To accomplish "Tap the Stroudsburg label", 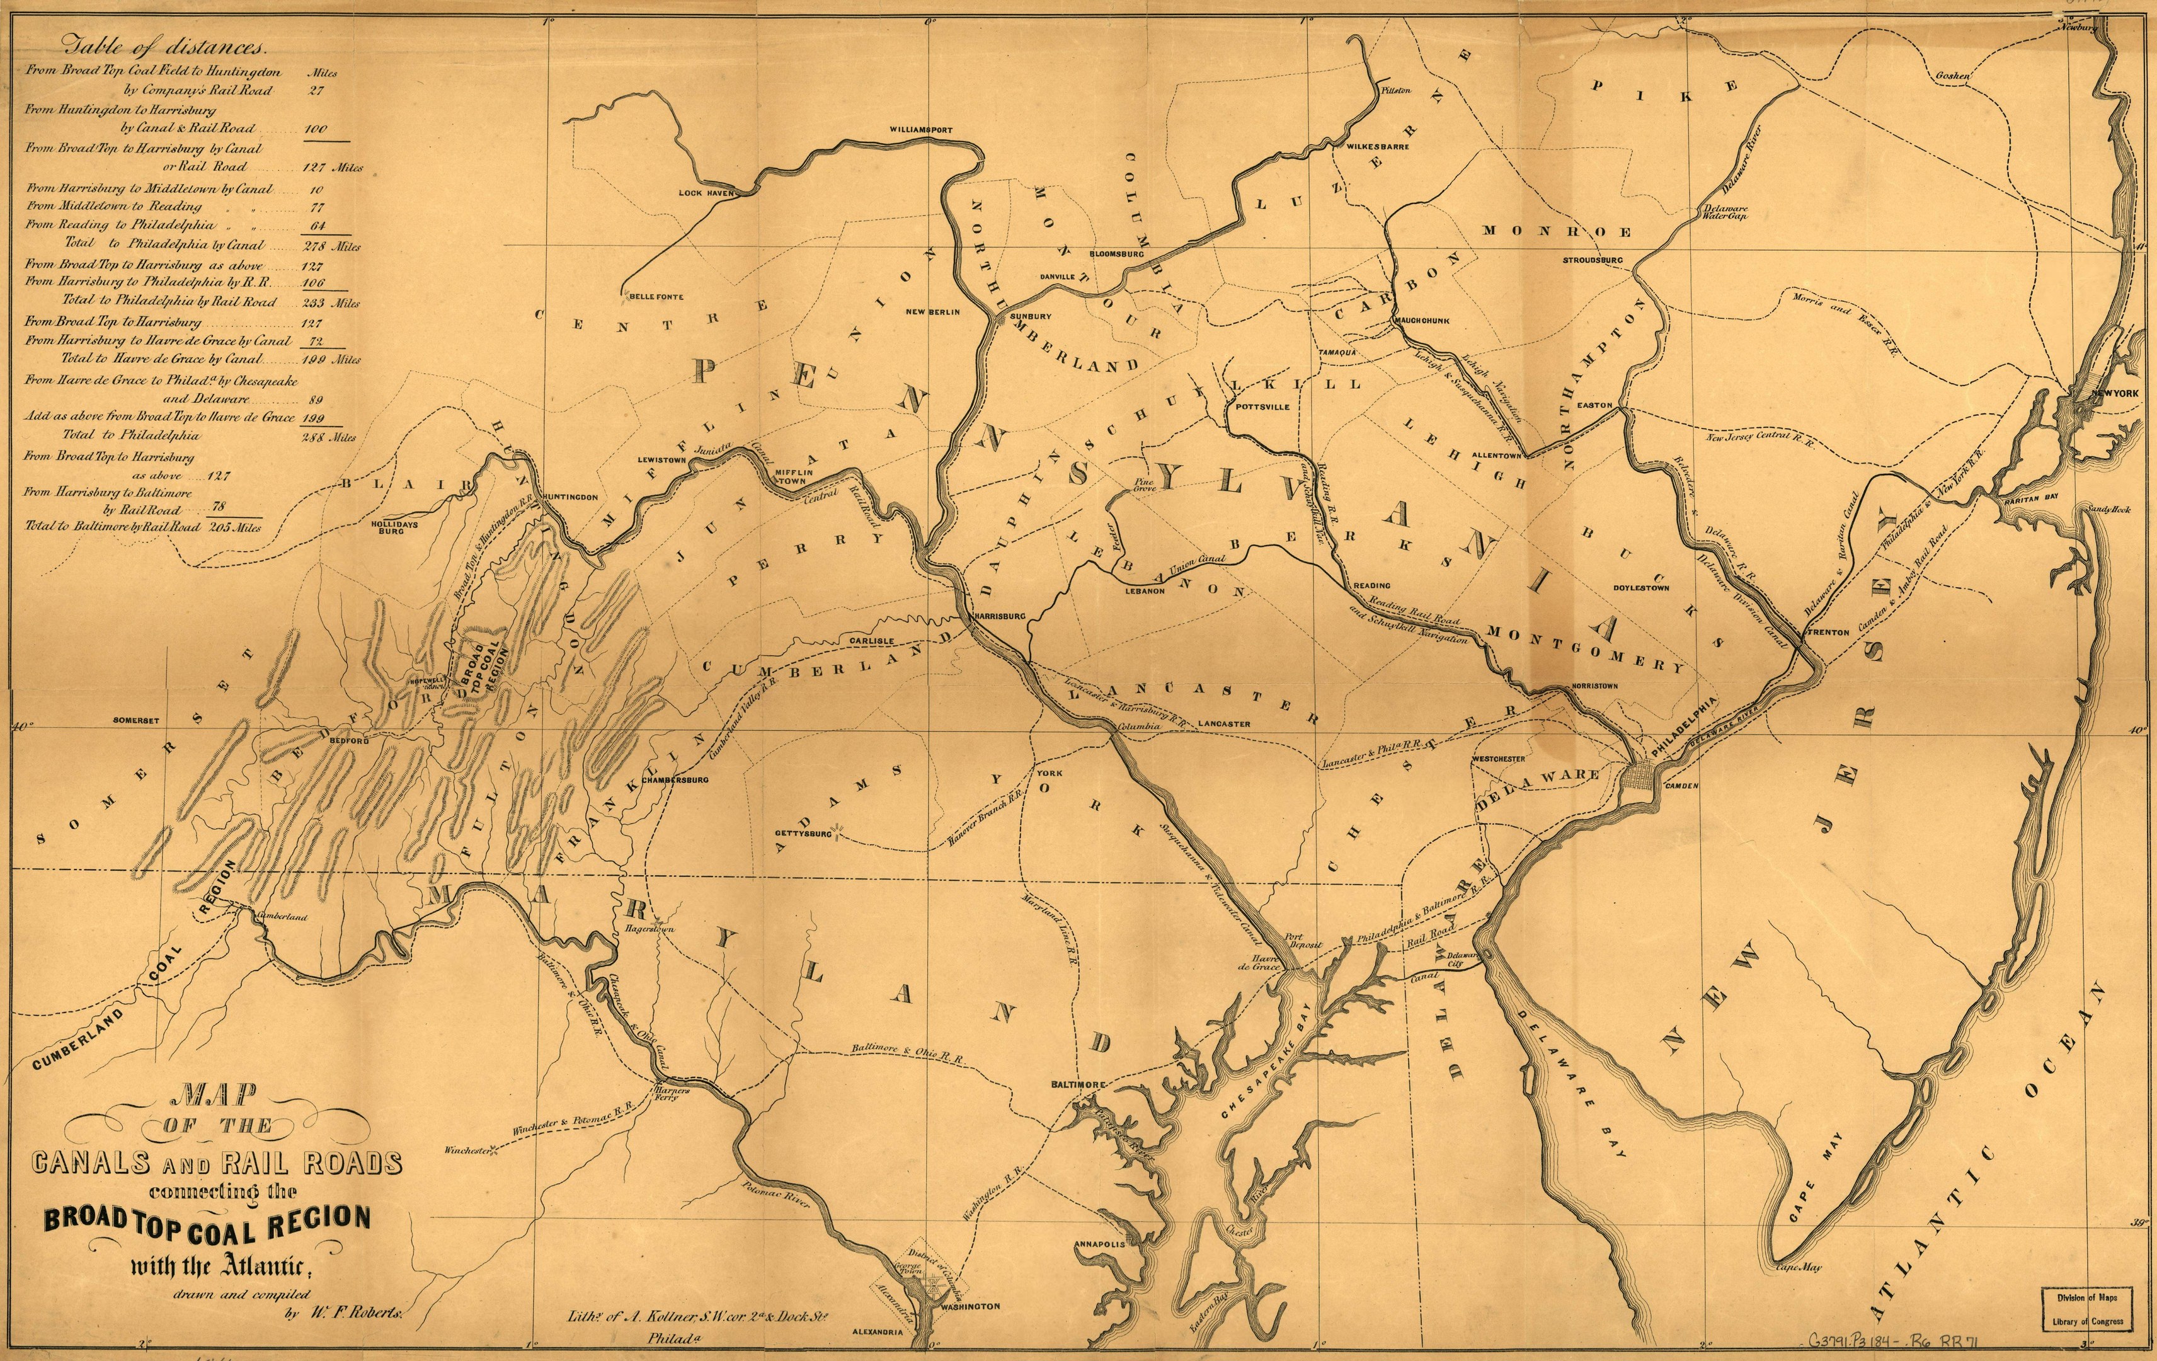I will [x=1593, y=261].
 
